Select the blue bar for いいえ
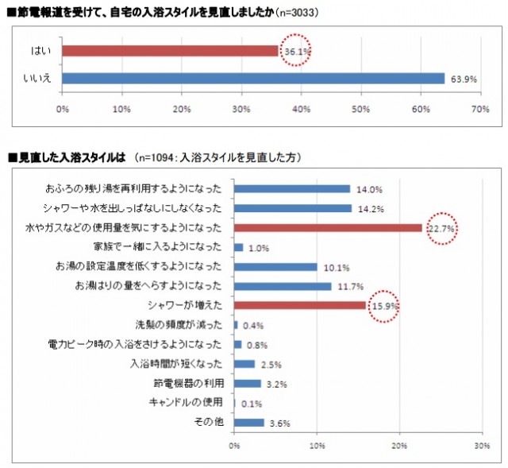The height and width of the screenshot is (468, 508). click(252, 79)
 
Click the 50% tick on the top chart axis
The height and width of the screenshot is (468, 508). click(361, 109)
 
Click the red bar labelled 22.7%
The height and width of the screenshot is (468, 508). click(328, 228)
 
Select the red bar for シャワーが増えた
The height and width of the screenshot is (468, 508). click(299, 305)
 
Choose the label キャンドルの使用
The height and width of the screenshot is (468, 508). click(187, 403)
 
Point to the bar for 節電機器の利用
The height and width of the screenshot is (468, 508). click(247, 383)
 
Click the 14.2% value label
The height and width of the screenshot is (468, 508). click(371, 209)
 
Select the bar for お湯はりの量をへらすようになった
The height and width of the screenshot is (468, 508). click(283, 286)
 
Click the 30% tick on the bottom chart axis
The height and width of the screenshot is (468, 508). click(481, 446)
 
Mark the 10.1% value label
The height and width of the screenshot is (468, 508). click(337, 267)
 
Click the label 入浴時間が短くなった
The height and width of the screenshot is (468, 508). click(176, 364)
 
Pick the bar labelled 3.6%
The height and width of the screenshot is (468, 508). click(248, 422)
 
